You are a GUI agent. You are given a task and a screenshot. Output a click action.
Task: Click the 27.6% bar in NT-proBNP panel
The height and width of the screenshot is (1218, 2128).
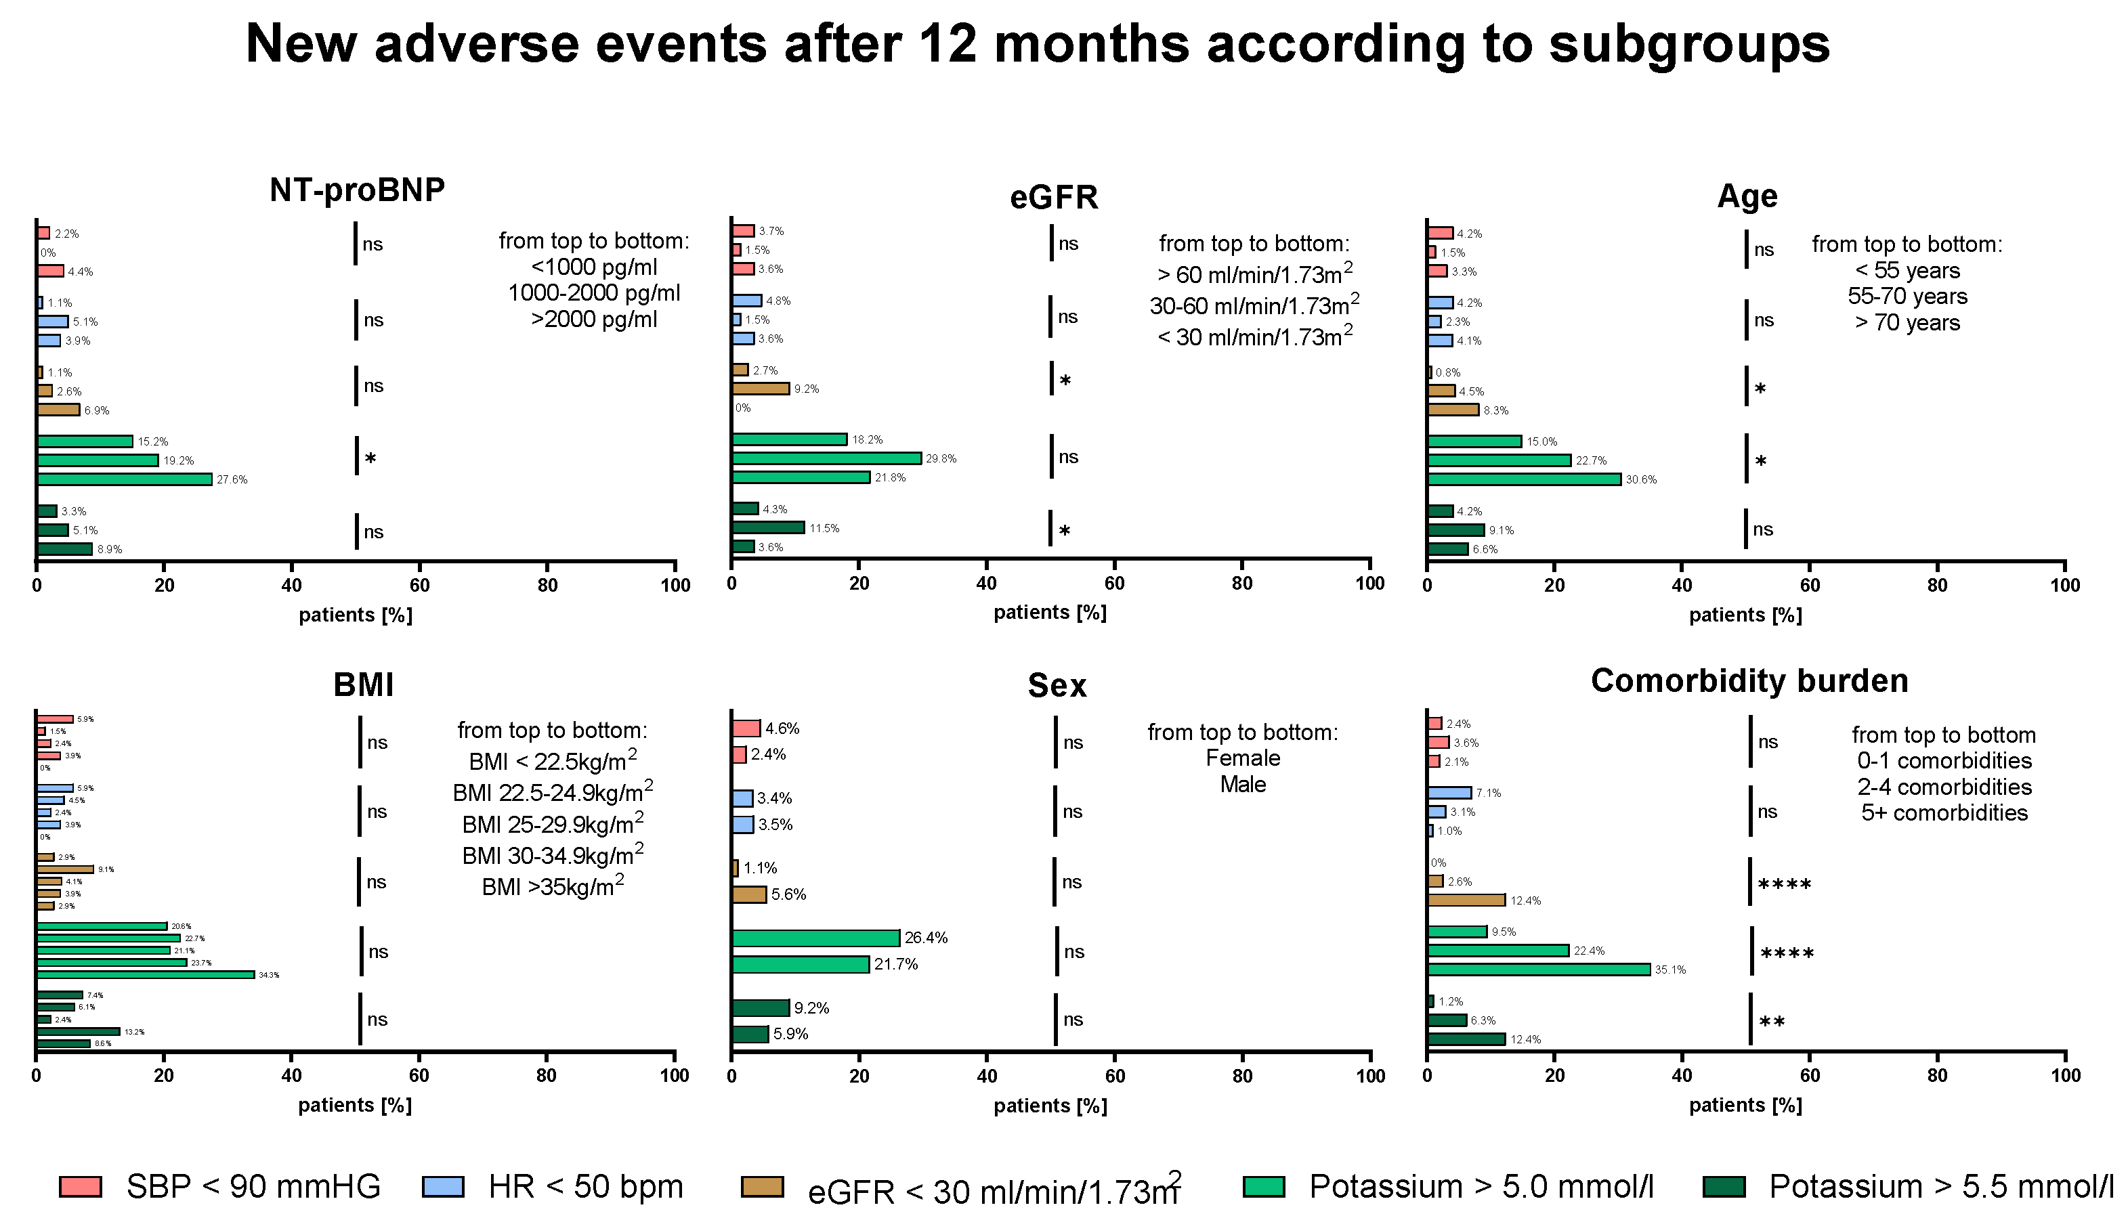[x=124, y=479]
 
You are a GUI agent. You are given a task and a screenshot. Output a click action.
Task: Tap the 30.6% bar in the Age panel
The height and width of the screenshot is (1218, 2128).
[x=1524, y=479]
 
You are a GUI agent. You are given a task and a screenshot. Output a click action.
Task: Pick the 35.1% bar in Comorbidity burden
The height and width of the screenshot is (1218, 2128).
[x=1538, y=970]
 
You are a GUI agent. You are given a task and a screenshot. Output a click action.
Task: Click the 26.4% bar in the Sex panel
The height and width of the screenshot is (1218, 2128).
[x=815, y=938]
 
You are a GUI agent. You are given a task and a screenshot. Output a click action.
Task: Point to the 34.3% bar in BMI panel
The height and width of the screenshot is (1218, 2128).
[x=145, y=974]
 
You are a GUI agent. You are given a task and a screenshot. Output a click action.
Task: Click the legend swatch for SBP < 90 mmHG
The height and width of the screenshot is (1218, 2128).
[x=81, y=1187]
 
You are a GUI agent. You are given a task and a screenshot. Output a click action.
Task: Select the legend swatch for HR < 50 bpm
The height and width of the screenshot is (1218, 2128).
[x=443, y=1187]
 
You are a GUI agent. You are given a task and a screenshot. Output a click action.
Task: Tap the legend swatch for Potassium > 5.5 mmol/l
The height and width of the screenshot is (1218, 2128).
[x=1724, y=1187]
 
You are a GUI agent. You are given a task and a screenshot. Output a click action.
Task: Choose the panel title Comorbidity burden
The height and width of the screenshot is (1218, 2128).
[x=1749, y=681]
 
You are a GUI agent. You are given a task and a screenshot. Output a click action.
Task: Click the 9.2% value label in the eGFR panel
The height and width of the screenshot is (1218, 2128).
[x=806, y=389]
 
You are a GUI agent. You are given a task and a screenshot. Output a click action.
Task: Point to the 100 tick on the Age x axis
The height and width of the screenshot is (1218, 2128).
[x=2064, y=586]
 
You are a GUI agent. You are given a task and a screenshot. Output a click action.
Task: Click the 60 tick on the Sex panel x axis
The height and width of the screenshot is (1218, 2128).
[x=1115, y=1076]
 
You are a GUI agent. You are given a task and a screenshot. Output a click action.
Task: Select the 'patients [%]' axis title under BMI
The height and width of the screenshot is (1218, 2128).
[x=355, y=1105]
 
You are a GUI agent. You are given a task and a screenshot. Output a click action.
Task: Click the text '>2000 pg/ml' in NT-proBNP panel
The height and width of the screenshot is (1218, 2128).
[x=594, y=319]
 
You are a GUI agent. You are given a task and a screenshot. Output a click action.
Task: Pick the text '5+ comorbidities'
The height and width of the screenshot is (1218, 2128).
[x=1944, y=813]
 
